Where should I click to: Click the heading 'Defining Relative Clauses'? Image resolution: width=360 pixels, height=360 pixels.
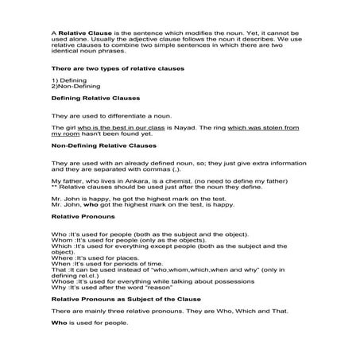click(x=94, y=99)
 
